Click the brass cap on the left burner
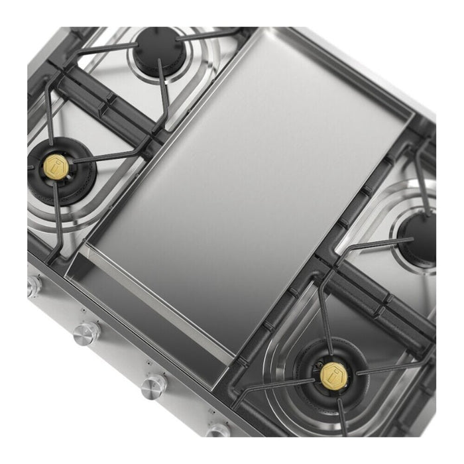point(54,163)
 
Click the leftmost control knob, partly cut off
point(32,286)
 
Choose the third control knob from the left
point(154,385)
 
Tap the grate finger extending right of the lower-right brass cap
point(391,368)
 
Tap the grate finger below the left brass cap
point(58,212)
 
